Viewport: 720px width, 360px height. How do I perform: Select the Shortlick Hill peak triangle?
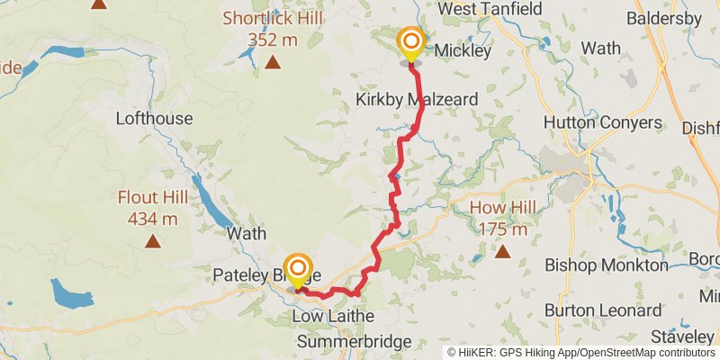point(272,62)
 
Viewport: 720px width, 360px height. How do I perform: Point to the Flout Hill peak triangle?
point(153,241)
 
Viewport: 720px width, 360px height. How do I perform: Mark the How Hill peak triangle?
point(502,252)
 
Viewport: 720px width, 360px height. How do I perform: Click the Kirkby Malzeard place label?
point(415,98)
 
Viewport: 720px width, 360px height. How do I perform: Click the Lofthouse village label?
point(154,118)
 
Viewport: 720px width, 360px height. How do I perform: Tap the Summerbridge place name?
point(354,342)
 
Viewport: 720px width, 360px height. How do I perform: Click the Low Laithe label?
point(333,318)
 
